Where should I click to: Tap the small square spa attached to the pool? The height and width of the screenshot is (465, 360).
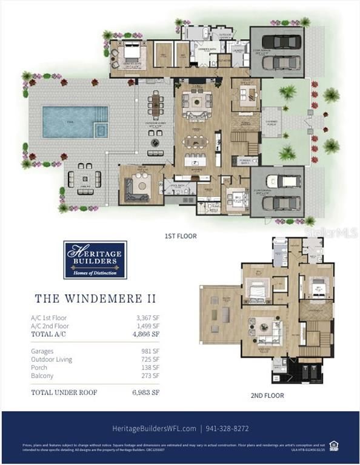click(x=101, y=130)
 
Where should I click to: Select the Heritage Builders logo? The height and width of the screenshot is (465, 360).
click(x=95, y=260)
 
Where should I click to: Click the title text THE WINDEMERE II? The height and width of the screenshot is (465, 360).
click(x=95, y=298)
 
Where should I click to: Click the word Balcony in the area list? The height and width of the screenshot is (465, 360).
click(x=42, y=376)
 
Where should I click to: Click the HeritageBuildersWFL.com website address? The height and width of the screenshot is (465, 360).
click(x=153, y=428)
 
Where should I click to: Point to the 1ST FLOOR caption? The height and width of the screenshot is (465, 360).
click(x=181, y=236)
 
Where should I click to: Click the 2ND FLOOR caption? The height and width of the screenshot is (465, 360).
click(x=267, y=395)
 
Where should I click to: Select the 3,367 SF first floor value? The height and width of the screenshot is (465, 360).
click(x=148, y=317)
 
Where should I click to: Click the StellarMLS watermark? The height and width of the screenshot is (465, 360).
click(x=331, y=232)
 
